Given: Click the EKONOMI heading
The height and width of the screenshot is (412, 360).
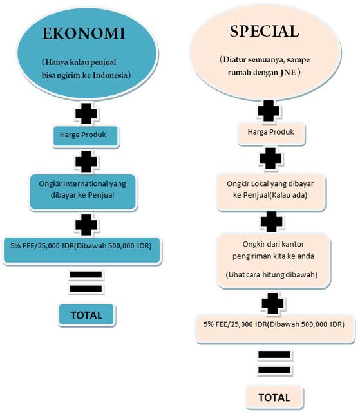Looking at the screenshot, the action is point(84,33).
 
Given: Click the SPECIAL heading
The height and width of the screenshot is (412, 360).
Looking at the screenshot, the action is point(264,32).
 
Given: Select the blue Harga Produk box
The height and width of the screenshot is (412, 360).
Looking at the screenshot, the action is point(86,136).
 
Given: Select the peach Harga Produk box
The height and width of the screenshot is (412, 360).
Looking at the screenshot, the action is point(271,133).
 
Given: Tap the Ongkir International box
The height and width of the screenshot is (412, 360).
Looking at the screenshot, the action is point(83,192).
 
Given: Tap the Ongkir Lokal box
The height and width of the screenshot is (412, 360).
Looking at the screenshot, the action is point(270,192).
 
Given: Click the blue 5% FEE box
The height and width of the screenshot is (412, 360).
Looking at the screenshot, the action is point(82,250).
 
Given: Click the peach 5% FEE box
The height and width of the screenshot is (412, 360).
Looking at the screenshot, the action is point(275,328).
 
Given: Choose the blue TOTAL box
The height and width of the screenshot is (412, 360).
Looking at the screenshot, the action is point(87,315).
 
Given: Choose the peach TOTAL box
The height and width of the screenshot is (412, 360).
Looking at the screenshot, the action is point(274,397).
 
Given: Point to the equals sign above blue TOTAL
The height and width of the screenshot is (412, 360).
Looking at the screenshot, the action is point(86,282).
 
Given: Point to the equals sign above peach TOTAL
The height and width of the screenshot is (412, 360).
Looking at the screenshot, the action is point(274,362).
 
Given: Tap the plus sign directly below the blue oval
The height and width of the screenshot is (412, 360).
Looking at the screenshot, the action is point(86,113).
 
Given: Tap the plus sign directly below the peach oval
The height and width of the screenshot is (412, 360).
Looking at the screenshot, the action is point(269,111).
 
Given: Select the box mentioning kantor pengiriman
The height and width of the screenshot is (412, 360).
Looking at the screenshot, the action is point(273,261).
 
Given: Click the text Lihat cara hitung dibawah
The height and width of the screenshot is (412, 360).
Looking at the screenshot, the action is point(271,275).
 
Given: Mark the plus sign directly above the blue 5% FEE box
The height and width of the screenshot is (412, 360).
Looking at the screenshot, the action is point(86,225).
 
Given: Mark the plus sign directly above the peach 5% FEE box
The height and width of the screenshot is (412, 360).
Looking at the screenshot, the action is point(273,303).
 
